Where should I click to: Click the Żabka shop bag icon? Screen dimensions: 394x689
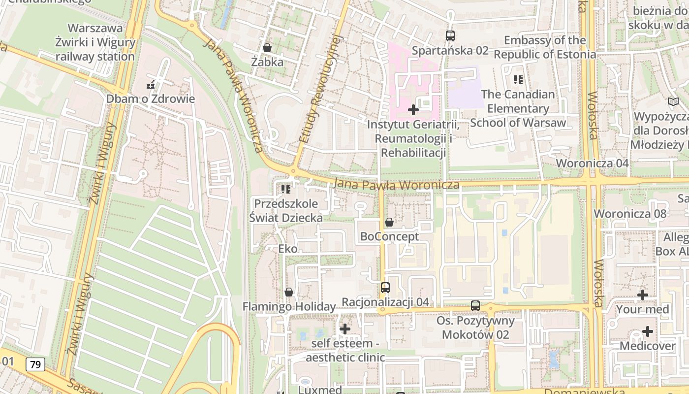point(267,48)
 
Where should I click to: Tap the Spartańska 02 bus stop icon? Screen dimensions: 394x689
point(450,35)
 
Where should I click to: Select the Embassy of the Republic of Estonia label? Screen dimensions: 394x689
point(545,47)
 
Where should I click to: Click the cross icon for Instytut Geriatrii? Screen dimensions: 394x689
point(413,109)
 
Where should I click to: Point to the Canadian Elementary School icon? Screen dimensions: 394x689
point(518,79)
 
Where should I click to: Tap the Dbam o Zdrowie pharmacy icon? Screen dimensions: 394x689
point(151,85)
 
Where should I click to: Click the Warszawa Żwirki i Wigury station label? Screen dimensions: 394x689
point(95,42)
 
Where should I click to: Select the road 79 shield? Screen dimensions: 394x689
point(35,364)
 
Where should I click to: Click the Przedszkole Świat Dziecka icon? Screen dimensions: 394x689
point(286,189)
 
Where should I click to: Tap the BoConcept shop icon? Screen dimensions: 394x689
point(389,222)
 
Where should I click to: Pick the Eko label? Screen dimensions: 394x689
point(288,249)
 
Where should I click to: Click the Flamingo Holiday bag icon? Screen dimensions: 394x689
point(289,292)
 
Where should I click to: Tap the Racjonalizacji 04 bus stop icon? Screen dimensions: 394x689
point(385,287)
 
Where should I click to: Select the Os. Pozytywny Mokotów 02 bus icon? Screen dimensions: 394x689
point(475,305)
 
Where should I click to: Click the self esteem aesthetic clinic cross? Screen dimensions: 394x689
point(345,328)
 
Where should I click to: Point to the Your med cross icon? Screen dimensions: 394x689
point(643,295)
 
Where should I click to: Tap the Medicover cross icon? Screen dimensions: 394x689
point(648,331)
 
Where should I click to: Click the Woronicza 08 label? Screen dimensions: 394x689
point(630,214)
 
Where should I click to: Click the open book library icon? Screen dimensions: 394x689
point(673,102)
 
